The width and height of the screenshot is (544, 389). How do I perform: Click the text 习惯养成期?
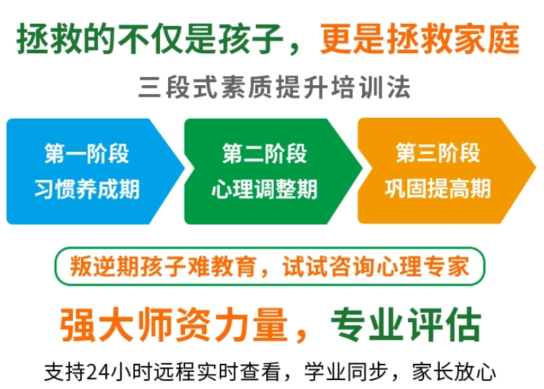pos(87,189)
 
